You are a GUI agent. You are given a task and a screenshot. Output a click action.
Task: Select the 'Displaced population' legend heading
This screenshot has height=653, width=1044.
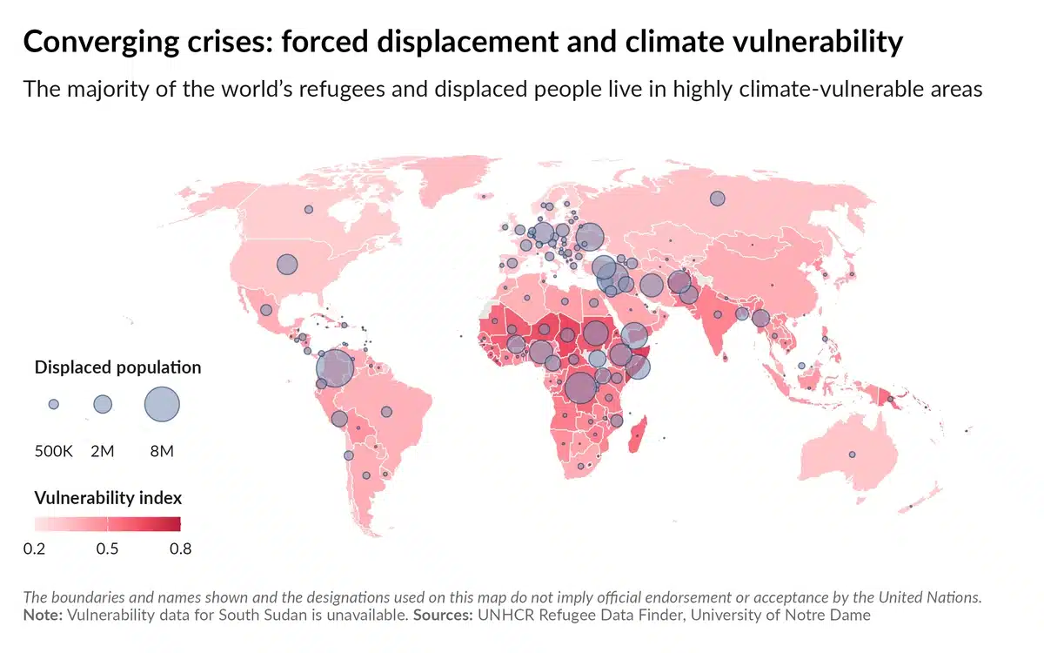[117, 367]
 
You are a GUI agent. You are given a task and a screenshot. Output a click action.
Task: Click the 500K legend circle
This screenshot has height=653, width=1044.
[54, 404]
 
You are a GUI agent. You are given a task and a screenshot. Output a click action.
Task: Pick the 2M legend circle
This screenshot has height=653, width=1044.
[103, 404]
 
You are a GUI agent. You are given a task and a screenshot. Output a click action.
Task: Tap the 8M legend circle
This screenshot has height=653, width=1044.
[162, 405]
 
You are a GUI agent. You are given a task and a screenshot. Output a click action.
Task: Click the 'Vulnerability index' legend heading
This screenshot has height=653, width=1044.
[108, 498]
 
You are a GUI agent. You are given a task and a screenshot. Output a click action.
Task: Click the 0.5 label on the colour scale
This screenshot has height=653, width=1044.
[108, 549]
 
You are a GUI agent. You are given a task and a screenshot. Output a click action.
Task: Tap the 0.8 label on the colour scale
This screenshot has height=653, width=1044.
[180, 549]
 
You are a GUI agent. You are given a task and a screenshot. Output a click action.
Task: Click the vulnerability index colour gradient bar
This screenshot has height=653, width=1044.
[108, 523]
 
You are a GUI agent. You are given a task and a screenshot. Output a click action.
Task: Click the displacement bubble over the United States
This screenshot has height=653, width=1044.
[286, 264]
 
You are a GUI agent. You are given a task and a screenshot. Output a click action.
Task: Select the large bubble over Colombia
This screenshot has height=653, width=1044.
[335, 368]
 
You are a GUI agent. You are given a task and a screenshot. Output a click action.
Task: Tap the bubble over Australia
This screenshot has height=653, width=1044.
[853, 454]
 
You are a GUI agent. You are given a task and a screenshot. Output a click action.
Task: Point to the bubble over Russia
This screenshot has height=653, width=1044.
[717, 199]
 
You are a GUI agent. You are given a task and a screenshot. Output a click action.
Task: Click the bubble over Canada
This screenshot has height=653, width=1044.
[308, 209]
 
